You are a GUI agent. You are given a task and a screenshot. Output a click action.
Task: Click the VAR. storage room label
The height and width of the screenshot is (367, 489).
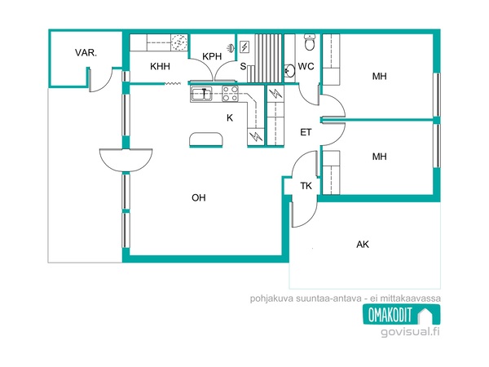[x=86, y=52]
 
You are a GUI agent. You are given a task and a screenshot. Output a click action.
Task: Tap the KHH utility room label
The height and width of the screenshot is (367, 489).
[x=160, y=66]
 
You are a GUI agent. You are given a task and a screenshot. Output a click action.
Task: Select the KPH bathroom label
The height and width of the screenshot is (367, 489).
[x=212, y=56]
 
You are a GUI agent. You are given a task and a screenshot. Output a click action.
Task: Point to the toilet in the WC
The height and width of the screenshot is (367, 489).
[x=310, y=42]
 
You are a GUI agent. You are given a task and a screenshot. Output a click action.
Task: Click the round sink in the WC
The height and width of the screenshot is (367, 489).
[x=289, y=71]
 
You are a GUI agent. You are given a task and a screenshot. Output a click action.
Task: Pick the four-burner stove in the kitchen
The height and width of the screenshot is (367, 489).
[x=230, y=94]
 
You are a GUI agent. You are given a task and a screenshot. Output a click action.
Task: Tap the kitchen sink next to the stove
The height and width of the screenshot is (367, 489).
[x=201, y=94]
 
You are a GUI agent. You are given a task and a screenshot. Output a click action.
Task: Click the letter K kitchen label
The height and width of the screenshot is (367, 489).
[x=230, y=117]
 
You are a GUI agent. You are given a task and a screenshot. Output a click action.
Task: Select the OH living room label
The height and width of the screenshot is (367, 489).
[x=199, y=197]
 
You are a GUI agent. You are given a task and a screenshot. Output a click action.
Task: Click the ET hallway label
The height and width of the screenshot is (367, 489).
[x=306, y=132]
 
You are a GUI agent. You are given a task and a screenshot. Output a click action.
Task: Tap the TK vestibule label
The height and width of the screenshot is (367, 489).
[x=306, y=186]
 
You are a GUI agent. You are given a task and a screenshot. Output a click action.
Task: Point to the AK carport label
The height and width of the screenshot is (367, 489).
[x=363, y=244]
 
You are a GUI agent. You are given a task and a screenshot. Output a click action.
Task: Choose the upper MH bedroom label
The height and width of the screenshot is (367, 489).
[x=379, y=76]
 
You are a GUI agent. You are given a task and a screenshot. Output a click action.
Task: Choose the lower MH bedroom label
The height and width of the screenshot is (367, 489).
[x=379, y=157]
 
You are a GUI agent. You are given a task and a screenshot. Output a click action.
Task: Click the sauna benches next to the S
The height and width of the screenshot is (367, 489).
[x=264, y=59]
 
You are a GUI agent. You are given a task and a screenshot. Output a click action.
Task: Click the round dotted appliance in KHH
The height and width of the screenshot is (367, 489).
[x=179, y=42]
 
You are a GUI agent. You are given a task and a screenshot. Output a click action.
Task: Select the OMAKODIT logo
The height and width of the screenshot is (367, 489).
[x=401, y=314]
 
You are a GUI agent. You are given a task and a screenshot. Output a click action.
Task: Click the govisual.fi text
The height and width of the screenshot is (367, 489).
[x=410, y=331]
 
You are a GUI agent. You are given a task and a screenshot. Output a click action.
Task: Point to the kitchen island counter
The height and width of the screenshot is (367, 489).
[x=206, y=139]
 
